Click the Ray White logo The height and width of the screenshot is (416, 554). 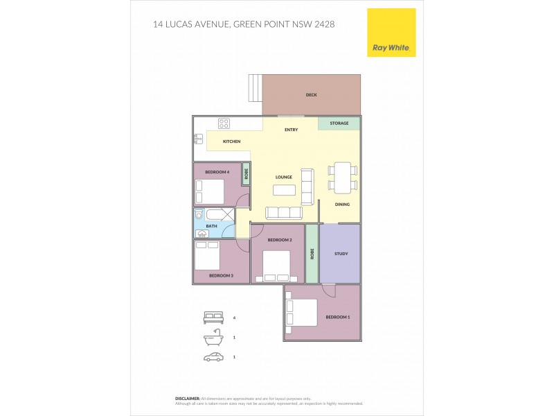tap(391, 33)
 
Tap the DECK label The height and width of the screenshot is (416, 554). tap(311, 95)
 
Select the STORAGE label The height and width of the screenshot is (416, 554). tap(339, 123)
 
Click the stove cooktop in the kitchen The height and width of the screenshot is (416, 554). tap(224, 124)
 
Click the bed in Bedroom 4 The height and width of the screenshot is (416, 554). tap(209, 190)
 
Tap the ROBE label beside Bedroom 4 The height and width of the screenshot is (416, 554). tap(246, 173)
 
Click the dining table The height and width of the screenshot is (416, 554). tap(342, 178)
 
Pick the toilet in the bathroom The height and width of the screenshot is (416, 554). tap(199, 216)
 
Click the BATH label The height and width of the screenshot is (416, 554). tap(211, 226)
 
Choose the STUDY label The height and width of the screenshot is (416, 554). tap(340, 254)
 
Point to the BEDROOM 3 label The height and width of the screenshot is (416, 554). tap(221, 276)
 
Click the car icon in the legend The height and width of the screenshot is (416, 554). tap(213, 357)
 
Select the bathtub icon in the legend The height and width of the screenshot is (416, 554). tap(213, 338)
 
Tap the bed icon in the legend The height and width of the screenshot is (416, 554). tap(213, 318)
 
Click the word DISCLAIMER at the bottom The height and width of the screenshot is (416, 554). tap(188, 399)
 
